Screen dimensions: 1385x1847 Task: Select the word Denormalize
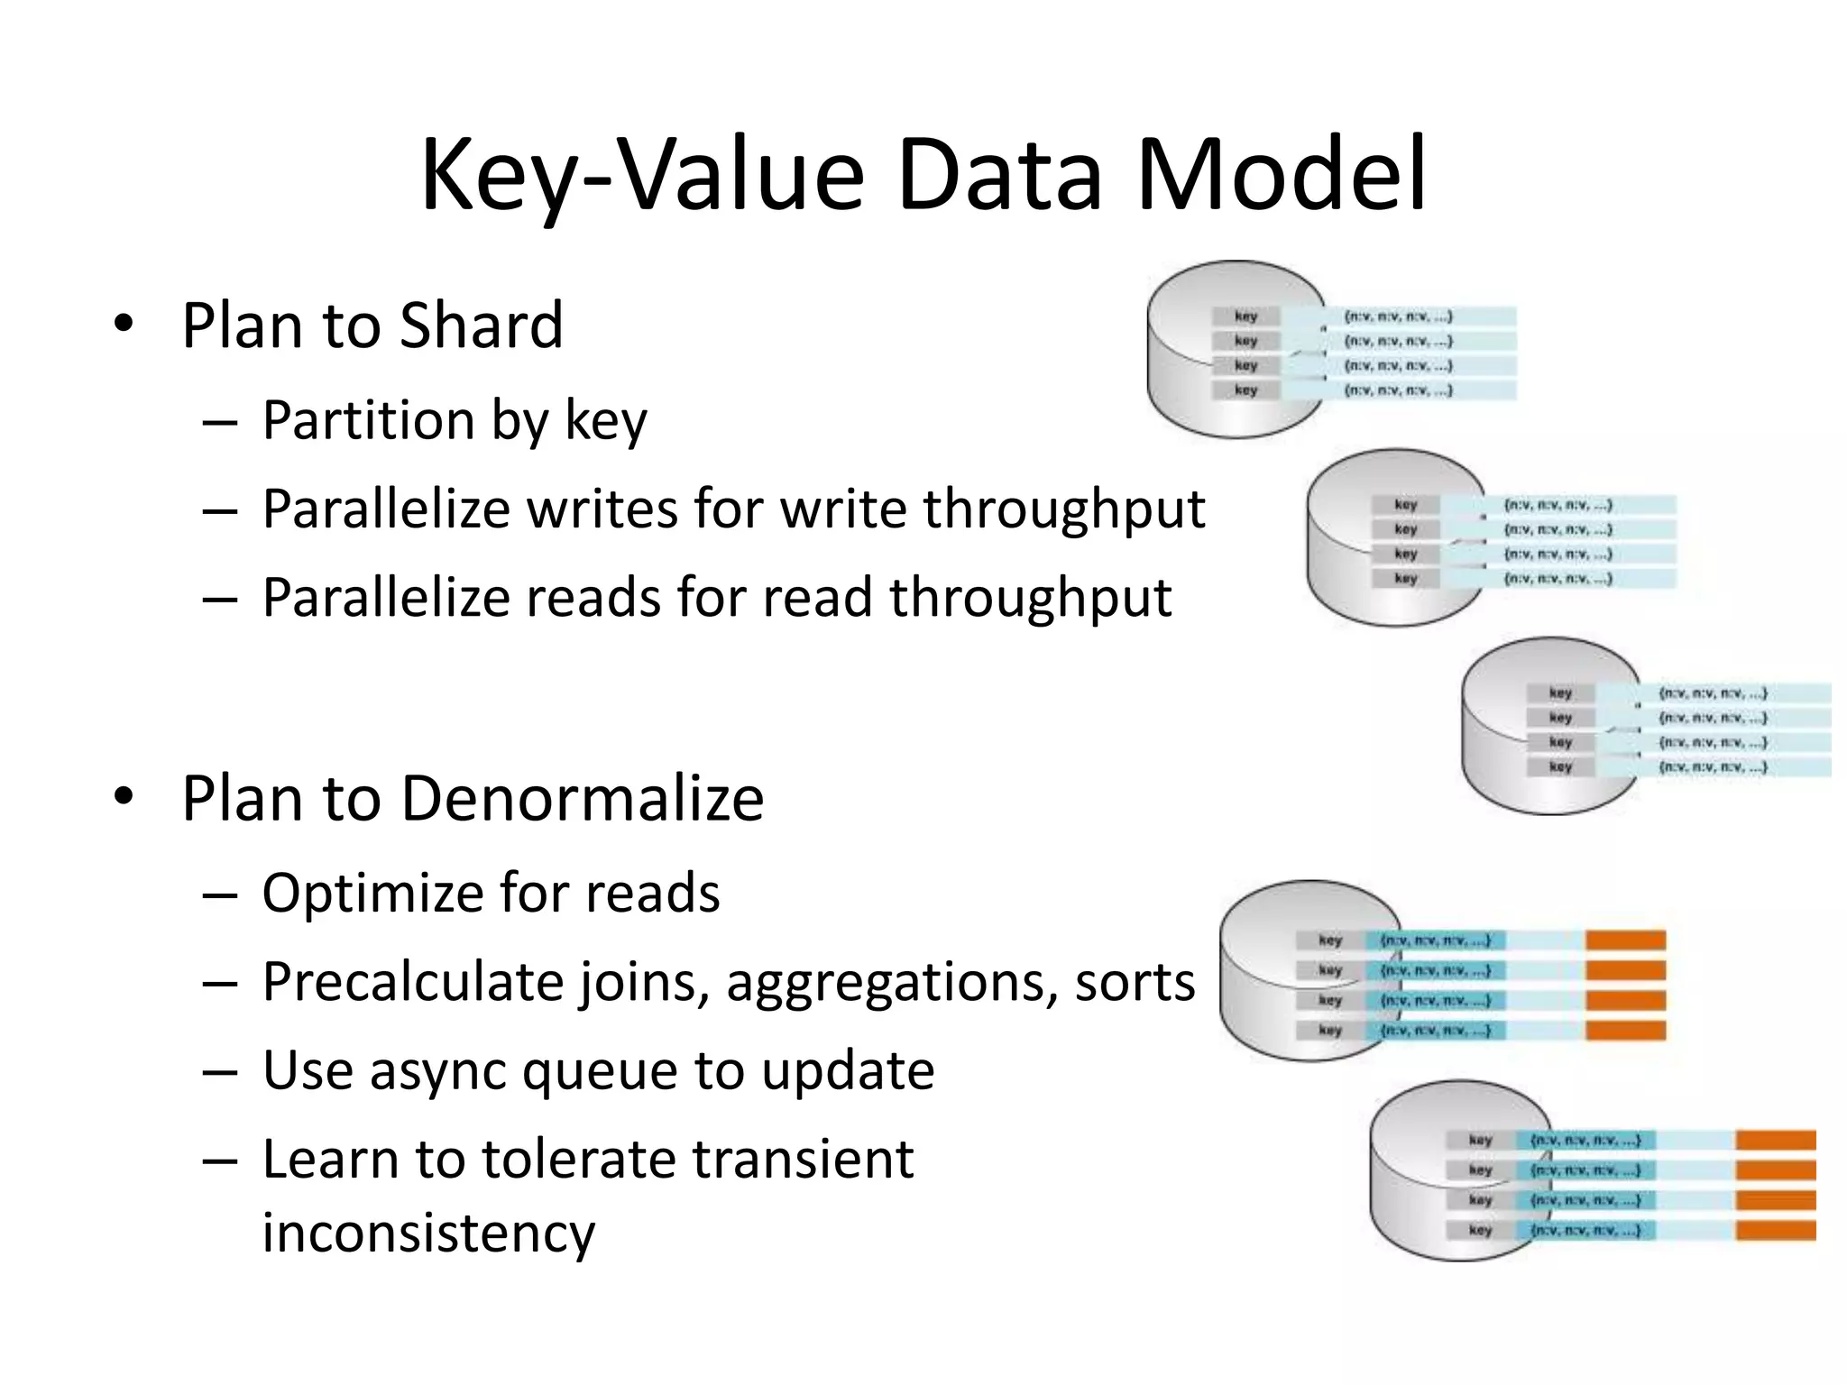(x=582, y=798)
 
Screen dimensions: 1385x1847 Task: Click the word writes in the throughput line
(x=602, y=509)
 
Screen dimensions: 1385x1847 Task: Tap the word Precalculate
(x=412, y=982)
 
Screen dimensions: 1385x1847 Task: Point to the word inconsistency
(x=428, y=1233)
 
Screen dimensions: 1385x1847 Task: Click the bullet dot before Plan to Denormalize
(x=124, y=797)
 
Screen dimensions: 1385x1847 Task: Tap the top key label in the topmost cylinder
(x=1245, y=316)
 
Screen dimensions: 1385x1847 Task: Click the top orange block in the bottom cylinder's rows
(x=1775, y=1141)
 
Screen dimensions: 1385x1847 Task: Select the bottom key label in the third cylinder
(x=1560, y=767)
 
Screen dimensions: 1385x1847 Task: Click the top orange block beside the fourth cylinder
(x=1625, y=940)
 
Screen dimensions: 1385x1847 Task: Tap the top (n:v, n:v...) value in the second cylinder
(x=1558, y=505)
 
